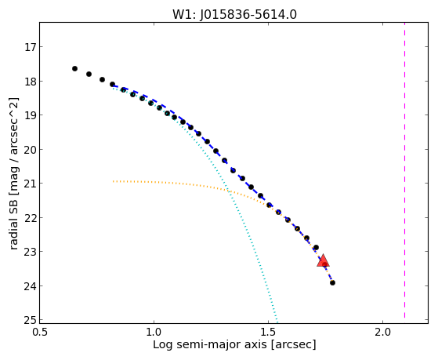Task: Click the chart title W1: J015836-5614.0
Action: tap(234, 15)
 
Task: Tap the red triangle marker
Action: tap(323, 260)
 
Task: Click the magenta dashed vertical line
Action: tap(404, 170)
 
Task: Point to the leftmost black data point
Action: tap(74, 68)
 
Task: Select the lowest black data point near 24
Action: tap(332, 283)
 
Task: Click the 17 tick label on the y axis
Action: tap(31, 47)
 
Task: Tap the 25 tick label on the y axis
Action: tap(31, 320)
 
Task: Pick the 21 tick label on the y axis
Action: tap(31, 184)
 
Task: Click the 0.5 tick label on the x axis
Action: tap(40, 332)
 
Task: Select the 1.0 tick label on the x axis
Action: tap(154, 332)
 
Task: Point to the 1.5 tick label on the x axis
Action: tap(268, 332)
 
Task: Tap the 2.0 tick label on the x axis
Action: tap(382, 332)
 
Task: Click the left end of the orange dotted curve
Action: tap(114, 181)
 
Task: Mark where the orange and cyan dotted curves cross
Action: tap(228, 191)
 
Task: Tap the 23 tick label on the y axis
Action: tap(31, 252)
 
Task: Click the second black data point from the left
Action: tap(89, 75)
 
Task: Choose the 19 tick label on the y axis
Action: tap(31, 115)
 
